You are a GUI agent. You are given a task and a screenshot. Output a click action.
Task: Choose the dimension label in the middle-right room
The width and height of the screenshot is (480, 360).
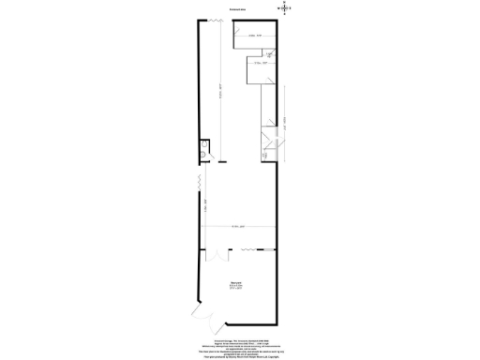(262, 64)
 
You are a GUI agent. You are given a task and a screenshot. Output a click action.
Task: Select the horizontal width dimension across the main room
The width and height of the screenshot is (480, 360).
(238, 228)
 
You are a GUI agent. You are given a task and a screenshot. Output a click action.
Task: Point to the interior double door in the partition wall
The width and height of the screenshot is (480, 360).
(217, 254)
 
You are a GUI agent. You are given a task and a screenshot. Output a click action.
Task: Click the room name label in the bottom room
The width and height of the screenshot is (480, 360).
(236, 285)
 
